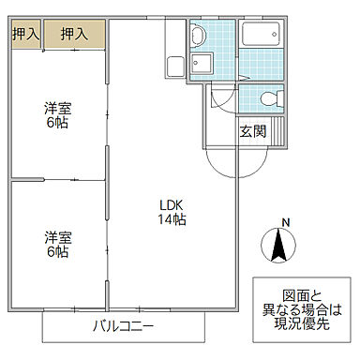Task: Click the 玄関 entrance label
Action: tap(252, 131)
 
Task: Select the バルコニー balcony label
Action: tap(125, 327)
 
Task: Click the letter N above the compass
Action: tap(286, 222)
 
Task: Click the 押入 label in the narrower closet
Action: tap(25, 35)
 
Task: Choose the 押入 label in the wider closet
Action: tap(74, 35)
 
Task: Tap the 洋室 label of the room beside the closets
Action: tap(57, 108)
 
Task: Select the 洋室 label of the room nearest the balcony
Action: tap(57, 235)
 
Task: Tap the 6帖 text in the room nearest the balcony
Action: tap(57, 251)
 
